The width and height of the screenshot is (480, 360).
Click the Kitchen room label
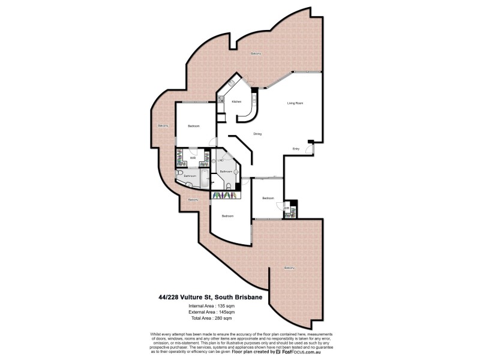click(236, 102)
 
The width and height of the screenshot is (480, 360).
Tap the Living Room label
click(295, 104)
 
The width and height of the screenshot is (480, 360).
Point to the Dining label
click(257, 134)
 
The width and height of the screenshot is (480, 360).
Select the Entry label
click(296, 149)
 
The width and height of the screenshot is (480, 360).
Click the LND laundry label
click(220, 161)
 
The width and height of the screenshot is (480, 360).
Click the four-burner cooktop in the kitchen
click(220, 100)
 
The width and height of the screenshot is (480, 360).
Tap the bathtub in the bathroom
click(204, 179)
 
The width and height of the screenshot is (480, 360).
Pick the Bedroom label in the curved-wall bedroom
click(227, 216)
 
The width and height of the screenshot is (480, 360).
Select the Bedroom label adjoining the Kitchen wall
click(193, 126)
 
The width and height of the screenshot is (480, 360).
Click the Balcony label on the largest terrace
click(290, 268)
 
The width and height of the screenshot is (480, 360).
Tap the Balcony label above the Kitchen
click(256, 54)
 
